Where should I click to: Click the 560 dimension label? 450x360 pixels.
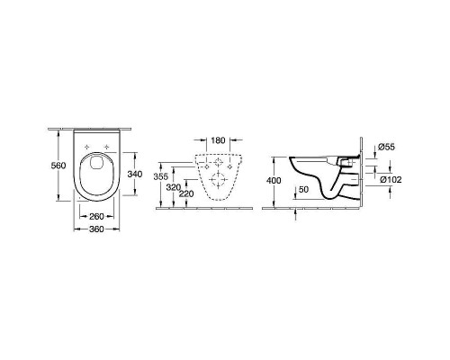coord(58,166)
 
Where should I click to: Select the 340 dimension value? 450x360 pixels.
coord(135,174)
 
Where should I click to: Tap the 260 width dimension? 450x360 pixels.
coord(96,216)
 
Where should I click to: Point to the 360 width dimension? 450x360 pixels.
coord(96,229)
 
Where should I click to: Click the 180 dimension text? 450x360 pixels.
coord(218,140)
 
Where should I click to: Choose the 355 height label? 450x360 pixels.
coord(161,176)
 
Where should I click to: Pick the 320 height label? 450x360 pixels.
coord(174,187)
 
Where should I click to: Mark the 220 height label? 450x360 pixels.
coord(186,194)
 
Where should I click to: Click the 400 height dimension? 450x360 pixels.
coord(274,180)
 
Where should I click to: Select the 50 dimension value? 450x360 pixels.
coord(303,189)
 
